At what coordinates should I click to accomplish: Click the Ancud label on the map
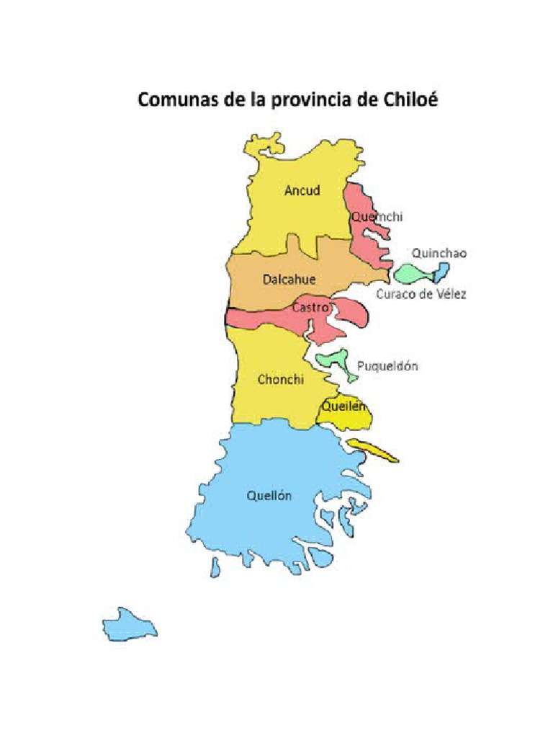tap(302, 191)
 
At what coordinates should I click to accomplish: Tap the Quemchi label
tap(377, 216)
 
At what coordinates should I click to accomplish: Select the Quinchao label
tap(439, 253)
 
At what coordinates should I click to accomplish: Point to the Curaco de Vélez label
tap(421, 294)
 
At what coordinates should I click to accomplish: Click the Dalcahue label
tap(289, 279)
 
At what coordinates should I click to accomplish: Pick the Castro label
tap(310, 308)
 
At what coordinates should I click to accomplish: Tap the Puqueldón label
tap(387, 366)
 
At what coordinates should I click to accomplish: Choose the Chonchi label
tap(281, 380)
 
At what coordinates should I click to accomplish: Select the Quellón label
tap(269, 496)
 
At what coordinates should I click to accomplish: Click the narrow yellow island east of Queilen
tap(372, 450)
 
